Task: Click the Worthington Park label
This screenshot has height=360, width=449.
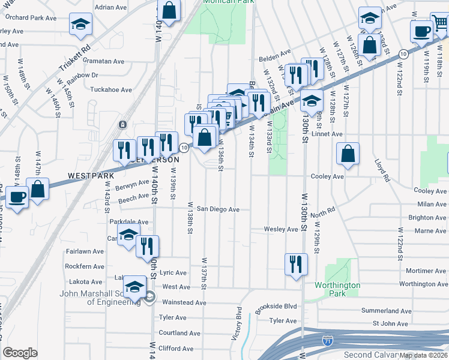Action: pyautogui.click(x=338, y=289)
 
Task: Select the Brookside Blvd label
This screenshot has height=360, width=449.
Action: pyautogui.click(x=276, y=307)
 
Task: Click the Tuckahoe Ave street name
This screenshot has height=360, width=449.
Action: pyautogui.click(x=111, y=90)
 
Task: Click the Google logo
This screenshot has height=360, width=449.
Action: pyautogui.click(x=20, y=353)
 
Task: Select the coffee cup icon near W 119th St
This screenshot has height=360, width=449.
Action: pyautogui.click(x=421, y=30)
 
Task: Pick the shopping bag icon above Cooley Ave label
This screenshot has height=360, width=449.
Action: pyautogui.click(x=348, y=154)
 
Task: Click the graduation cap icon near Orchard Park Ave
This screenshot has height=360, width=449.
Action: pyautogui.click(x=80, y=24)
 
